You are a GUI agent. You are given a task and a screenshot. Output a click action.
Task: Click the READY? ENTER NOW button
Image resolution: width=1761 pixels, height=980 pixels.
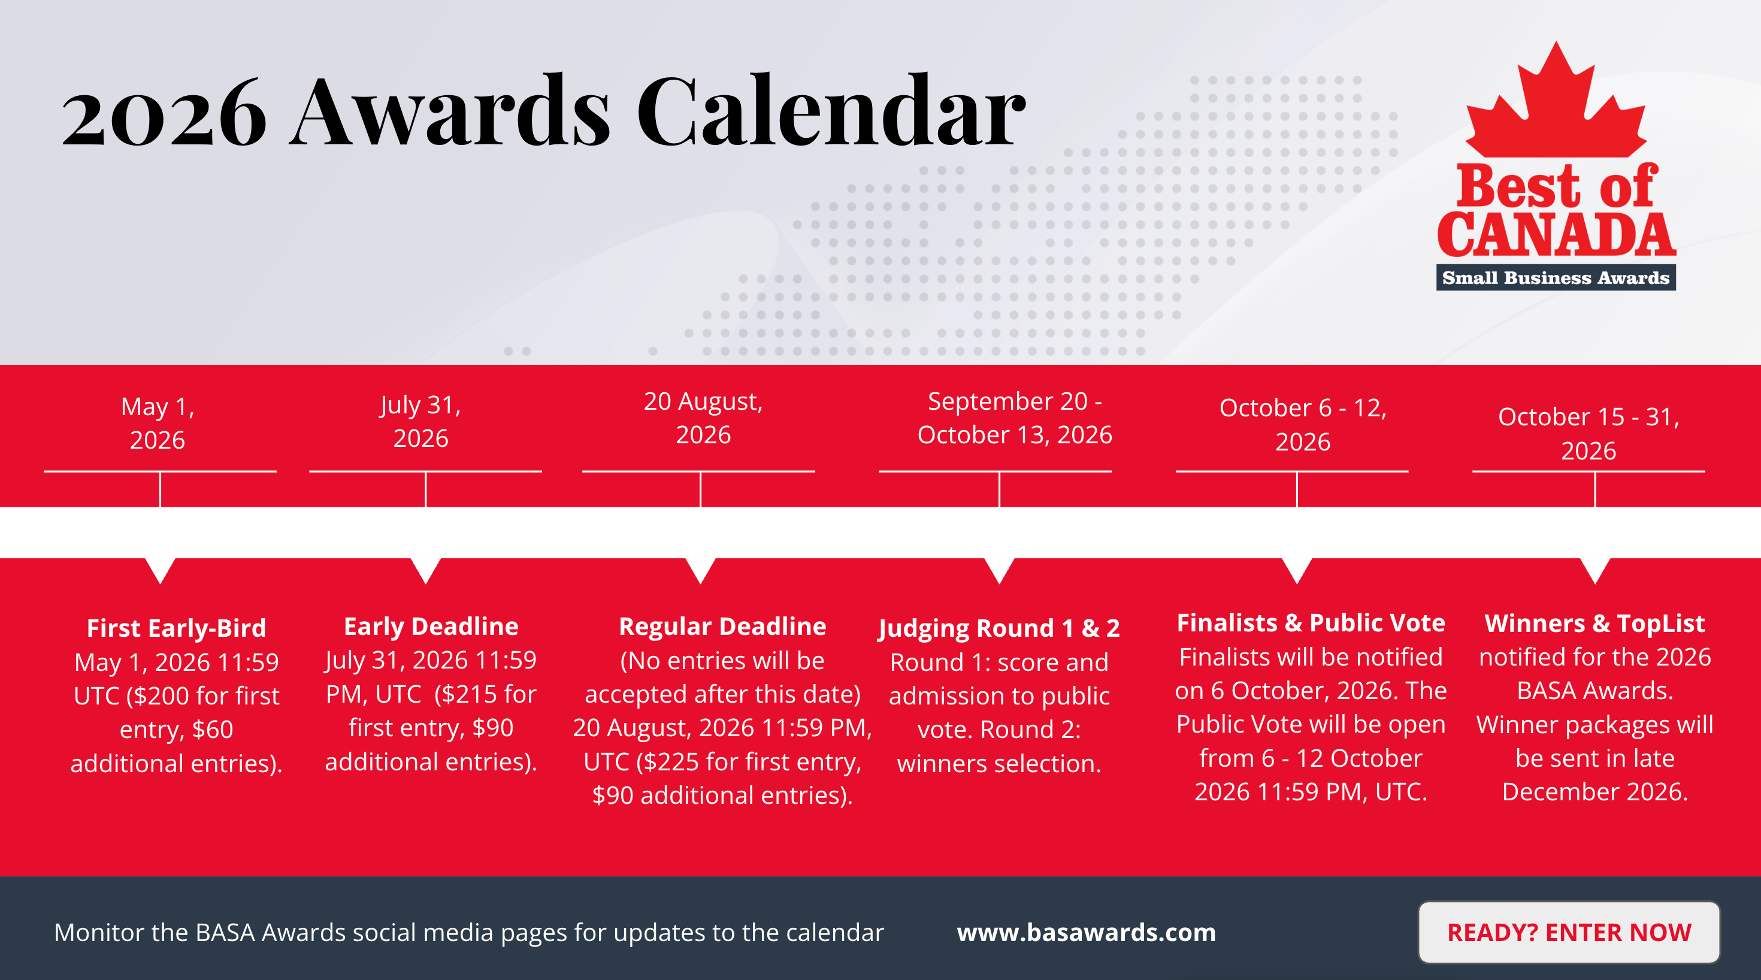(1569, 932)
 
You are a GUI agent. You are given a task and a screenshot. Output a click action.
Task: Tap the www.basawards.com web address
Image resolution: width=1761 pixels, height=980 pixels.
(1087, 932)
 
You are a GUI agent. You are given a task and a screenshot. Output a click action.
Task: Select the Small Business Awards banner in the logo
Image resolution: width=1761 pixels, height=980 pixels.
(1556, 278)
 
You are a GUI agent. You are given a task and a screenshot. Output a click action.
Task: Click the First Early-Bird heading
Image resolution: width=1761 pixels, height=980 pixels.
(176, 628)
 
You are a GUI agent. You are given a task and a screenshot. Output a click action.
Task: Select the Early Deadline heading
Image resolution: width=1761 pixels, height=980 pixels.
(431, 627)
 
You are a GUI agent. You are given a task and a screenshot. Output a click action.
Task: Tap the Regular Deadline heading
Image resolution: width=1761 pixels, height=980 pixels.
(722, 627)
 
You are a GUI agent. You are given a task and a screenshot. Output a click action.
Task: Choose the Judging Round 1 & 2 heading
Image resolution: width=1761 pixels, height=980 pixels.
(1000, 628)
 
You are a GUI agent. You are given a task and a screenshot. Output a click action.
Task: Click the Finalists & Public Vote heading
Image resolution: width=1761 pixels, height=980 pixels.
(1311, 623)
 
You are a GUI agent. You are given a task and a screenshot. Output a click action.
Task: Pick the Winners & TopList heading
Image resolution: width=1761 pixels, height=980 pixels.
(1595, 624)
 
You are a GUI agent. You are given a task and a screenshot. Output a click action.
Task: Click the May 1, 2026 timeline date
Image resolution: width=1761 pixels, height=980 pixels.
(158, 423)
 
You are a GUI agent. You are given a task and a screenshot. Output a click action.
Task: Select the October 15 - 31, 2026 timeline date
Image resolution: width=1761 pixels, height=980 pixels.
(1588, 434)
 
